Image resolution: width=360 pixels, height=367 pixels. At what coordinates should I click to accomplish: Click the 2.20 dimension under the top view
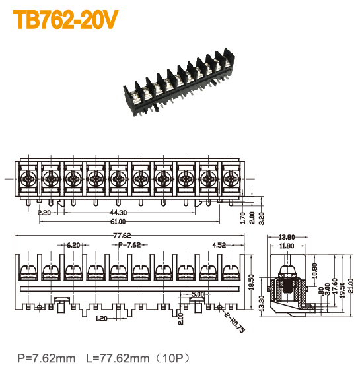pyautogui.click(x=44, y=213)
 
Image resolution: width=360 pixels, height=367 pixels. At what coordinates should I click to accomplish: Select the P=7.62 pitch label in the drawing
pyautogui.click(x=129, y=245)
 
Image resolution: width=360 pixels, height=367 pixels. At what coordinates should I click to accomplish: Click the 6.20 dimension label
pyautogui.click(x=73, y=245)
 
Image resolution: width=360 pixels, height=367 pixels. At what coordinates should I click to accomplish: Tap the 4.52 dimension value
pyautogui.click(x=219, y=245)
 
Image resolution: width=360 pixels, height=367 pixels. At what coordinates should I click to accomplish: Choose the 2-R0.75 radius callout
pyautogui.click(x=235, y=321)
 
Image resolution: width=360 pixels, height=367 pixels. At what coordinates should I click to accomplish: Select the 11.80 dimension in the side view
pyautogui.click(x=287, y=246)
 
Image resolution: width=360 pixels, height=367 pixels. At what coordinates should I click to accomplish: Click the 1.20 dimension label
pyautogui.click(x=100, y=319)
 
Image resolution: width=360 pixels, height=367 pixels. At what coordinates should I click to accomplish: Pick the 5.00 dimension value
pyautogui.click(x=197, y=294)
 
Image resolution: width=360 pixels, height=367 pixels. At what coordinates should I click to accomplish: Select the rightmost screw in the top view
pyautogui.click(x=231, y=178)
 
